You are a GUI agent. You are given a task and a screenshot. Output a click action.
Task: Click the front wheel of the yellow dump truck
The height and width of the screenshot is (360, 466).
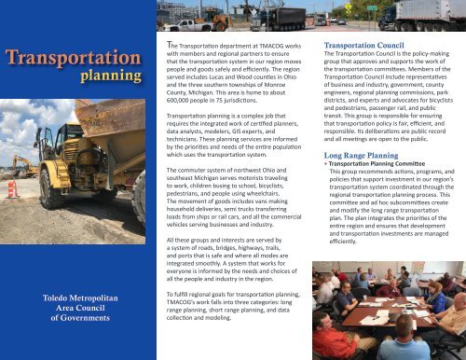point(56,187)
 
